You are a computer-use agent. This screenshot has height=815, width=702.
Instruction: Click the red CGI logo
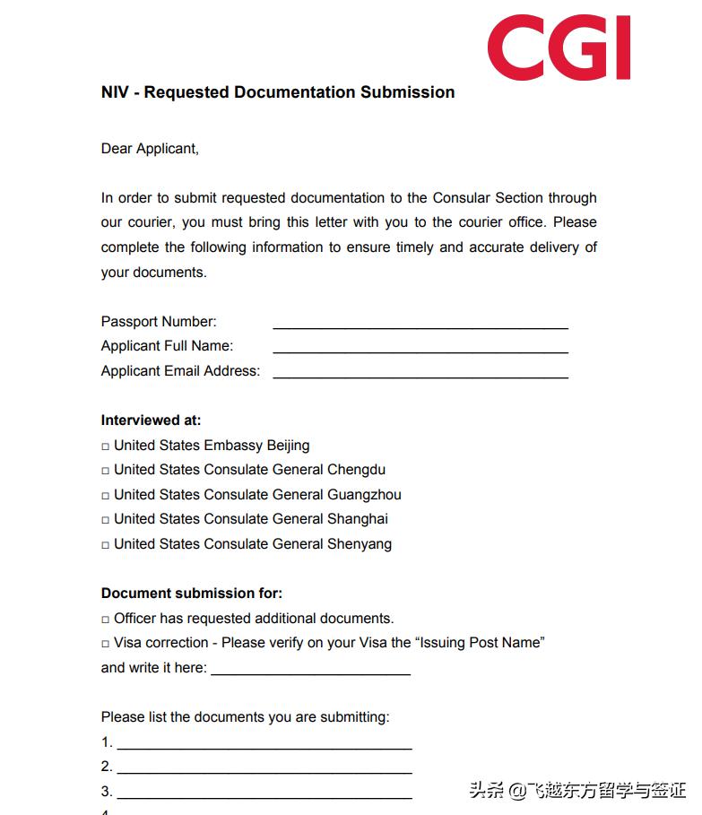tap(559, 47)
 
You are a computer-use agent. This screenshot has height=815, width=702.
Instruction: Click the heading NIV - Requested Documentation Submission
tap(278, 92)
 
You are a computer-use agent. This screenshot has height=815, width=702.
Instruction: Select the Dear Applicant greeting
tap(150, 149)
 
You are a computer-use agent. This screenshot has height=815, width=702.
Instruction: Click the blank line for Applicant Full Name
tap(420, 351)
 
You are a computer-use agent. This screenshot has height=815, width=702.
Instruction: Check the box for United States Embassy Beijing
tap(106, 447)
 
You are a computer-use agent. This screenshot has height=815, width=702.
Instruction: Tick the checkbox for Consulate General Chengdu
tap(106, 471)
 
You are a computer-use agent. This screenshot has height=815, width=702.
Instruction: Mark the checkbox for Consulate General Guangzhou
tap(106, 496)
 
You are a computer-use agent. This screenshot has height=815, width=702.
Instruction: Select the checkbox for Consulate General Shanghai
tap(106, 520)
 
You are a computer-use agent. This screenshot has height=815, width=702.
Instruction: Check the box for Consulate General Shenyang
tap(106, 545)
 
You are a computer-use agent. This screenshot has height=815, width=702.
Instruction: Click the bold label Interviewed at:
tap(151, 421)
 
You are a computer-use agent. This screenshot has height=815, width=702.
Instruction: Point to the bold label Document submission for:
tap(191, 594)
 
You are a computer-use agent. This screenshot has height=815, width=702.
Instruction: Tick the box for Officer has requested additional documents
tap(106, 620)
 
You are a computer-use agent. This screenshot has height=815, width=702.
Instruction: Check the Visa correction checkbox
tap(106, 644)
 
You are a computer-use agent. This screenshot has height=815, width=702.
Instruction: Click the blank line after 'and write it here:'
tap(310, 672)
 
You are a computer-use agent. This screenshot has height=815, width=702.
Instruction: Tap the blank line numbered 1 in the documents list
tap(264, 746)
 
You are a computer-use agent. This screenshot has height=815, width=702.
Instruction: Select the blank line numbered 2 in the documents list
tap(264, 770)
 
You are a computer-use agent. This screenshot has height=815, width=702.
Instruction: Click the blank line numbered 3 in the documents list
tap(264, 795)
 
